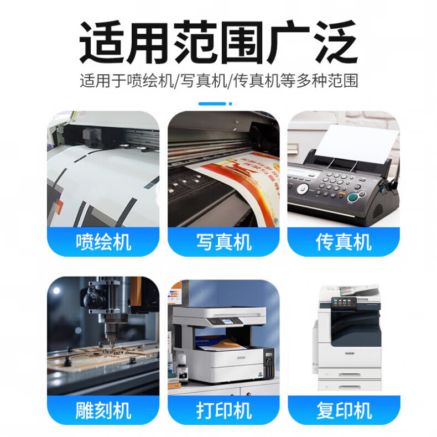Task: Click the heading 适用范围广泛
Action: [218, 42]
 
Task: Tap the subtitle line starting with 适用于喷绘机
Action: [219, 81]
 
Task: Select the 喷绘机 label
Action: [103, 242]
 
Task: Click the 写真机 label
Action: [224, 242]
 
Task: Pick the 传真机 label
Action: [344, 242]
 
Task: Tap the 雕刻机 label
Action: [103, 410]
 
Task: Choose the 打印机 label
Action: [224, 410]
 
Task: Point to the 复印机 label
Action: [344, 410]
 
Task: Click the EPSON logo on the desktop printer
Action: [241, 357]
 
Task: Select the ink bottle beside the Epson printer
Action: [183, 368]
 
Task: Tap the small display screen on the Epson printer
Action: [227, 321]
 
